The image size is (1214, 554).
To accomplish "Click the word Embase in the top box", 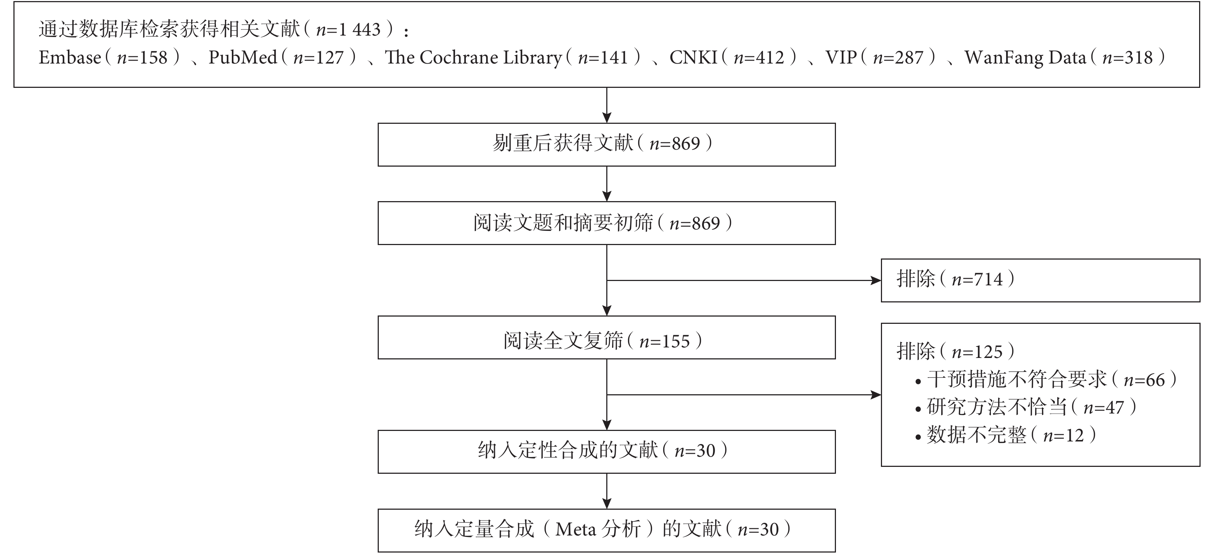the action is click(70, 57).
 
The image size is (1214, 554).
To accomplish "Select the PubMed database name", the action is click(243, 57).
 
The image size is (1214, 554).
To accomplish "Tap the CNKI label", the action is click(693, 57).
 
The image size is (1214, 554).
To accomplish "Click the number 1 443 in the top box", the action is click(360, 30).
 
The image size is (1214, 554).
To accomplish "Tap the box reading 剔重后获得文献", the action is click(607, 145).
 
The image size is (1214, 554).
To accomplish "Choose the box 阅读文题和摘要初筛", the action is click(607, 223).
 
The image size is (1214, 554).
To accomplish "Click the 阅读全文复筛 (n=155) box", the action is click(607, 338).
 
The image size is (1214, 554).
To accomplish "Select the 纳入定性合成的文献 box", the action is click(607, 452).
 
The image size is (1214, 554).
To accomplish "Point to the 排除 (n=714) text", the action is click(955, 279).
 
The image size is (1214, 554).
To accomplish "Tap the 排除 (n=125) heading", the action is click(955, 352).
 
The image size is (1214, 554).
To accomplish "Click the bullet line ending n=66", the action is click(1046, 379).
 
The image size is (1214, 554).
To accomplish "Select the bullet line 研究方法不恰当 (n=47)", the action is click(1025, 407).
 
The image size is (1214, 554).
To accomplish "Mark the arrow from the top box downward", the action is click(607, 105).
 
